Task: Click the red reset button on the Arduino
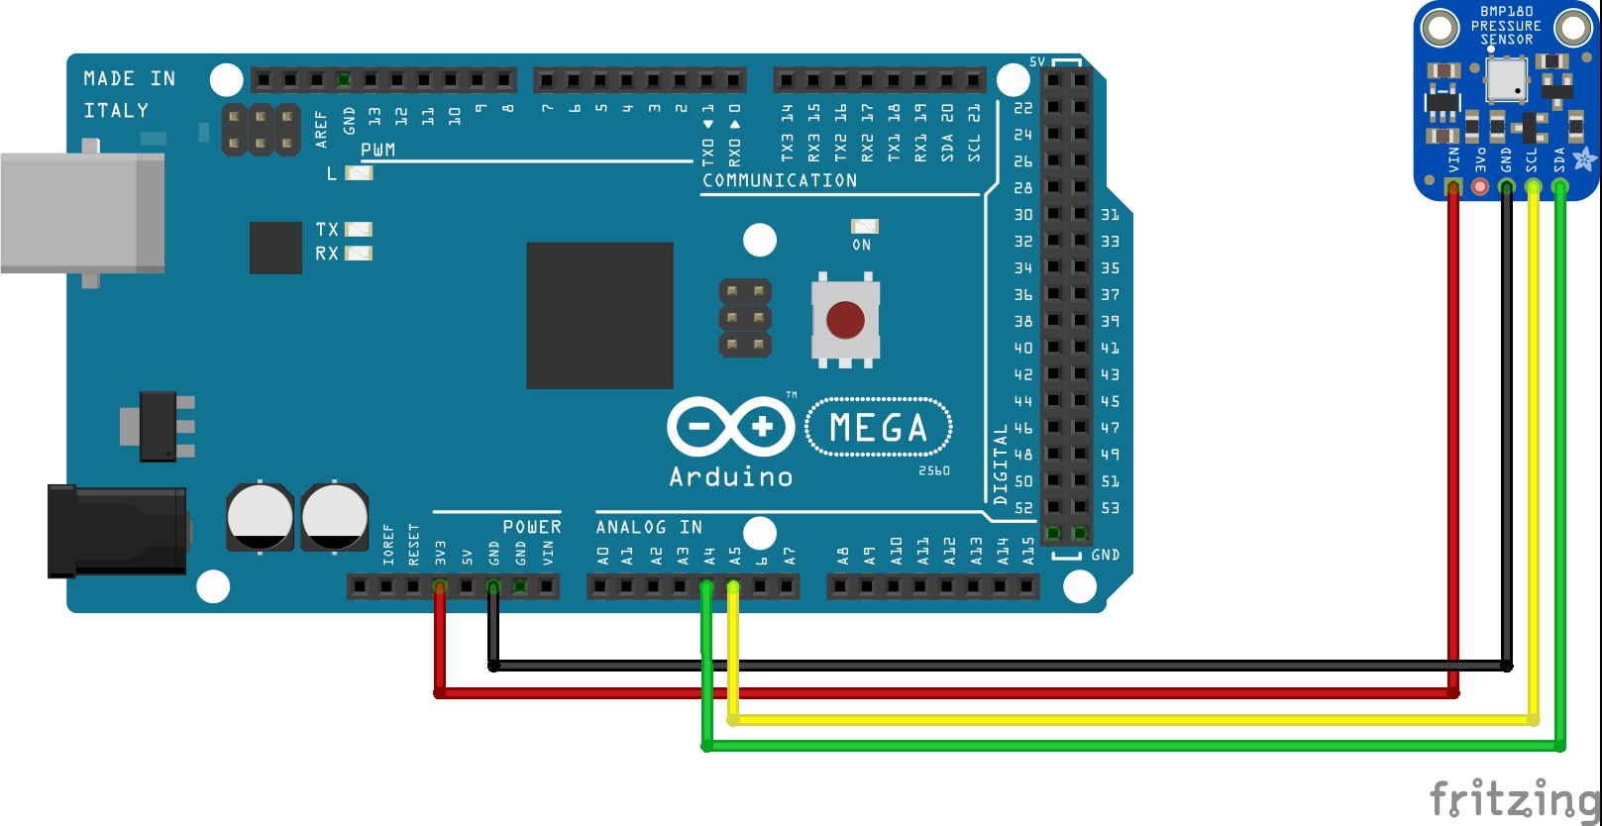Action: coord(845,320)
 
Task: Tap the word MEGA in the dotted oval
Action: coord(879,428)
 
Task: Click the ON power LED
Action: coord(864,227)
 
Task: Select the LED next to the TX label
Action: coord(358,230)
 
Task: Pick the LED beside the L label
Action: coord(358,173)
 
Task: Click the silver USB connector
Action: coord(82,212)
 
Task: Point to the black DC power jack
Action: coord(117,531)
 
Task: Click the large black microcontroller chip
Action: coord(599,315)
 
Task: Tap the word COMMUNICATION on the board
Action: coord(780,180)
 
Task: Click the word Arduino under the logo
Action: coord(731,477)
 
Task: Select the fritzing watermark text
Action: coord(1514,797)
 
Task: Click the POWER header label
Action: coord(532,527)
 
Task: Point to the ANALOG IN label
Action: coord(649,527)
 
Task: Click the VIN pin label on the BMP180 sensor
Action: coord(1453,159)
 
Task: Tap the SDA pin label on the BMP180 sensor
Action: coord(1559,159)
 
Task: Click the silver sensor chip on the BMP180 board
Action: coord(1506,79)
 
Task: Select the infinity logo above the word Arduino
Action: coord(731,427)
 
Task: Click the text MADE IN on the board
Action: coord(129,78)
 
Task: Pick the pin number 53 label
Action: coord(1111,508)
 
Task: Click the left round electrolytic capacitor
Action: coord(260,516)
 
